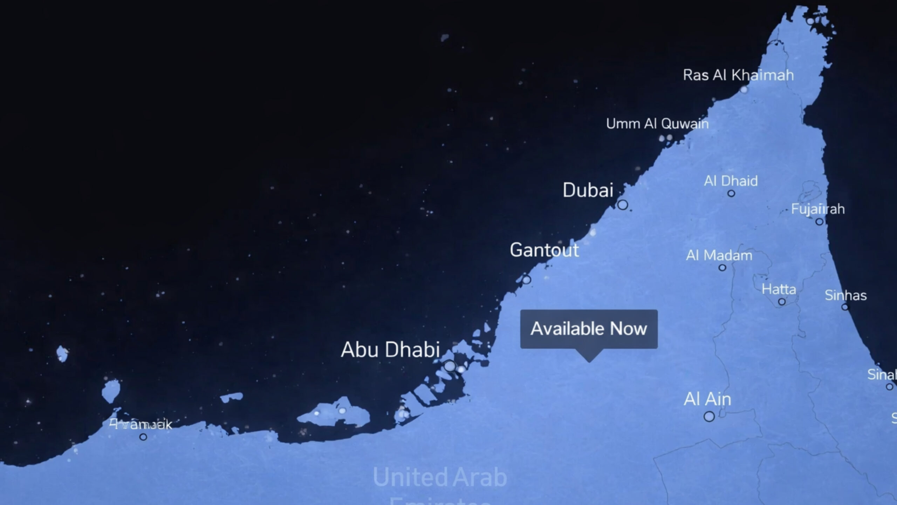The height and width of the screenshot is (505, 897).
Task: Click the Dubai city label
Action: click(588, 190)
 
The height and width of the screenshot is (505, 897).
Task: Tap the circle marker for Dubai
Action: click(622, 204)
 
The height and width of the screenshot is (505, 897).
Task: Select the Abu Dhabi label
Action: click(390, 350)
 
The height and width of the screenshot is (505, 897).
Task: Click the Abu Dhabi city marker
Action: click(450, 366)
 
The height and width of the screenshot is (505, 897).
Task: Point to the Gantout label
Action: click(544, 250)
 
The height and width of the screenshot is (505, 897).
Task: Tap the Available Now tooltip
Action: click(589, 329)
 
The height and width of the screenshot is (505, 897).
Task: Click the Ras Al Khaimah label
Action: click(738, 75)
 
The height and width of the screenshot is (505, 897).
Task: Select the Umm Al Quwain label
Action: click(657, 124)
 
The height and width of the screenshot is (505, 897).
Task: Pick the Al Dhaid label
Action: click(731, 181)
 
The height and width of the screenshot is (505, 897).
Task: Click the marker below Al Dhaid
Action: click(731, 193)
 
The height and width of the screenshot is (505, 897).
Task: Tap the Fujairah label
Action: click(818, 209)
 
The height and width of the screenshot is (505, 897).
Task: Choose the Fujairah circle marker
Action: click(819, 222)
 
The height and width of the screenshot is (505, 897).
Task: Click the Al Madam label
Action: click(719, 256)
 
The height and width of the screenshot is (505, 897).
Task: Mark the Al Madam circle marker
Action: click(722, 268)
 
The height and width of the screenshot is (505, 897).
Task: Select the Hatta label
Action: click(779, 290)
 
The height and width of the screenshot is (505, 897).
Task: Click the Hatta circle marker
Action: click(782, 302)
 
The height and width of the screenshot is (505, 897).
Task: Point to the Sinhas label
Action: click(845, 296)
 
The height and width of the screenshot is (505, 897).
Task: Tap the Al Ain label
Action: click(707, 399)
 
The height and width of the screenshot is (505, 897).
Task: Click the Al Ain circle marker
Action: click(709, 417)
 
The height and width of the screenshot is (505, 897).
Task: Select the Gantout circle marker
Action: click(527, 280)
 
